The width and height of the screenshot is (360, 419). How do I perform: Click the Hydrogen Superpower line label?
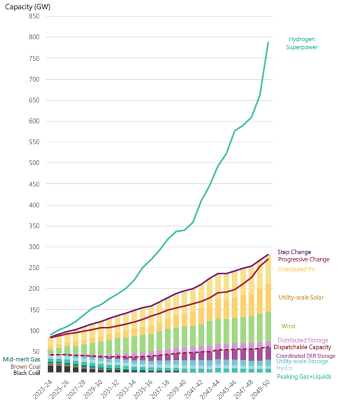tap(301, 43)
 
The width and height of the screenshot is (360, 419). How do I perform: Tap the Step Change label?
tap(294, 252)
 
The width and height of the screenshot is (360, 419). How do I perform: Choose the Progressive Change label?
tap(303, 260)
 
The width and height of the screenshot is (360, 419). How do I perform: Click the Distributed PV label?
tap(297, 269)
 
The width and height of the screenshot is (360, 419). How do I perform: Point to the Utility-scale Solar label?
tap(302, 298)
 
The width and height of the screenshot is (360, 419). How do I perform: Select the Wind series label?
tap(288, 327)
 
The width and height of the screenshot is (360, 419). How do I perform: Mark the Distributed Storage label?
tap(303, 340)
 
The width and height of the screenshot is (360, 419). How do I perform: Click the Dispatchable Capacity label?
tap(302, 347)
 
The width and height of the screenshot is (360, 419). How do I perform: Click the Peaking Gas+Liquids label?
tap(304, 377)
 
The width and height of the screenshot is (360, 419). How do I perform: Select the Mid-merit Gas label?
tap(21, 359)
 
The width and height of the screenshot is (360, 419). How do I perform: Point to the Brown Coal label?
tap(24, 367)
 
